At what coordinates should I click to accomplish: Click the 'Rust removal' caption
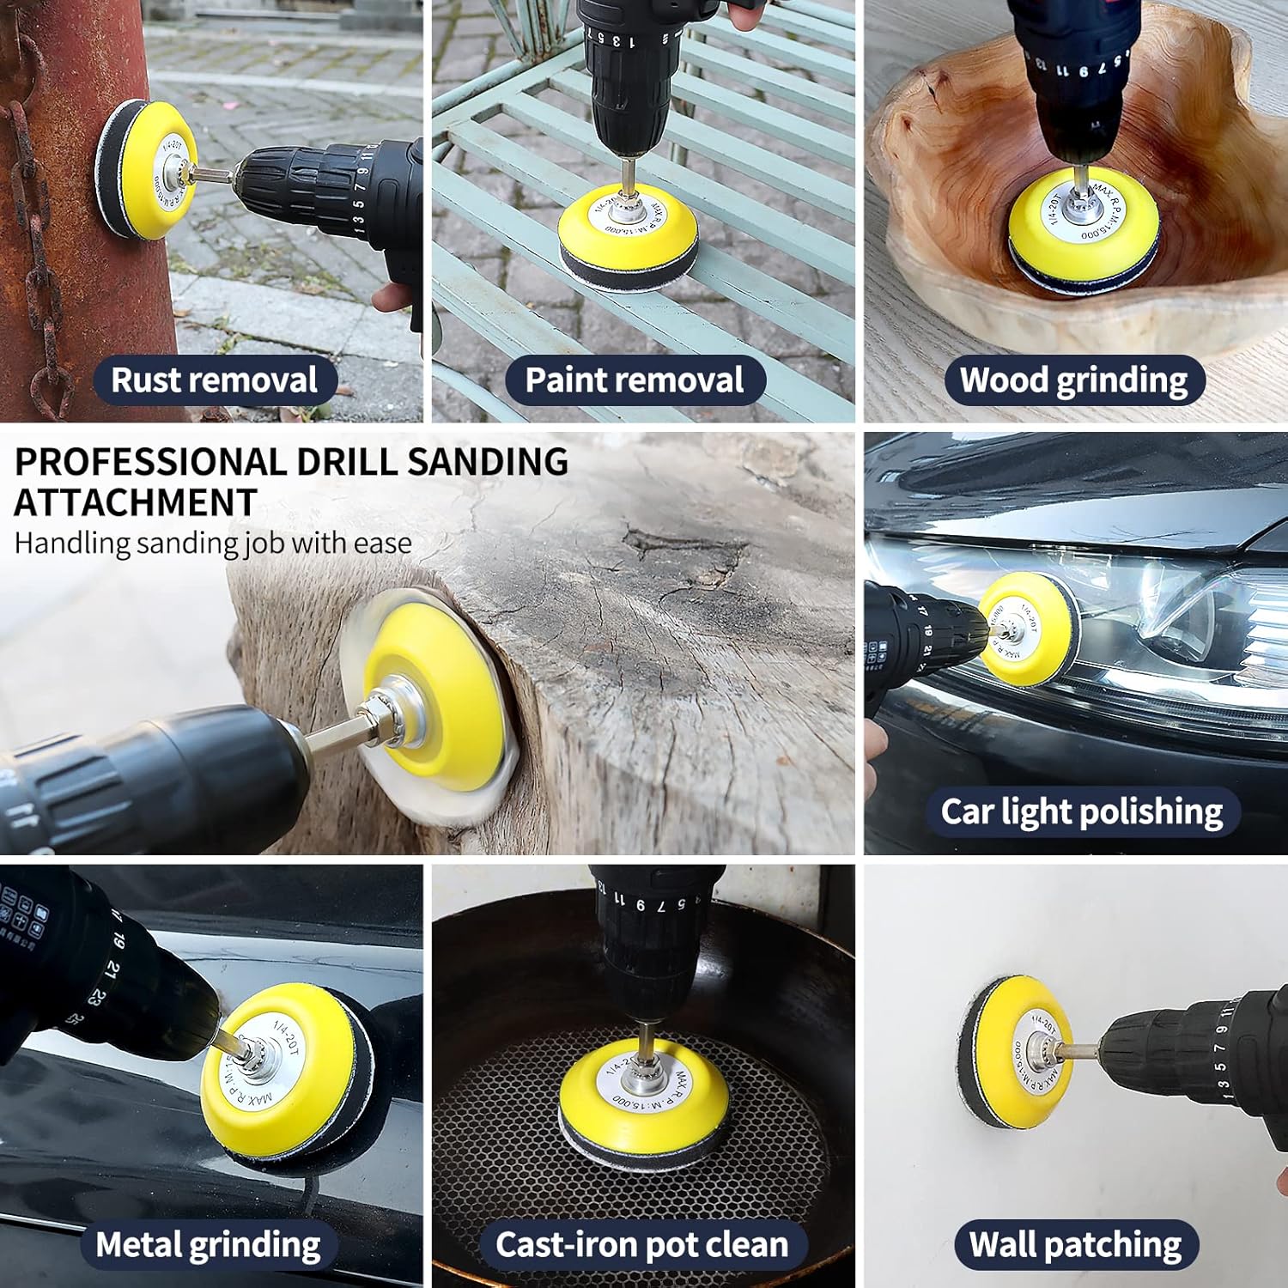coord(214,380)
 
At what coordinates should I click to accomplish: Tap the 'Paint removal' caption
coord(634,380)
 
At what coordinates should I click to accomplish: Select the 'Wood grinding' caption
coord(1073,380)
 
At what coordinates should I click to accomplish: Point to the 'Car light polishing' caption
coord(1081,811)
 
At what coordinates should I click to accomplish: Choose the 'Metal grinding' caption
coord(209,1244)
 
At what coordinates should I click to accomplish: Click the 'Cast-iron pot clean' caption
coord(641,1244)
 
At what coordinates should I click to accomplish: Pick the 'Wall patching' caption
coord(1075,1244)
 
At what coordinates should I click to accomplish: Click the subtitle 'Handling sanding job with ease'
coord(213,544)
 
